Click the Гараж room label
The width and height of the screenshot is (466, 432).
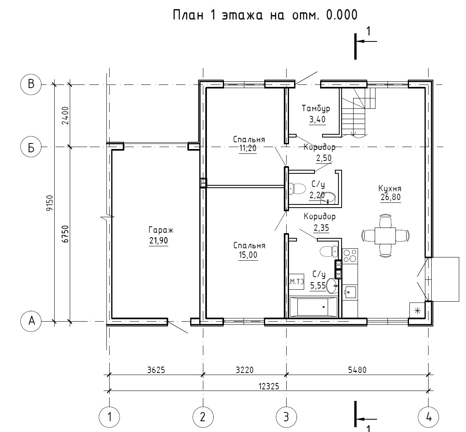161,230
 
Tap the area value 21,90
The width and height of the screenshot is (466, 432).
159,240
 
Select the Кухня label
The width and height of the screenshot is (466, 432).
390,189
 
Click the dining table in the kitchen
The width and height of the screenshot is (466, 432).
385,236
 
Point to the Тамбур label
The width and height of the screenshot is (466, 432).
316,108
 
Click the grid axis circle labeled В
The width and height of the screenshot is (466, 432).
31,84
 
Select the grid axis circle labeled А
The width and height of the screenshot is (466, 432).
31,321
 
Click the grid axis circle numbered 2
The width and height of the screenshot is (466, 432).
203,417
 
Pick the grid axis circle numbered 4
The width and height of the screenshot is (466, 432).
428,417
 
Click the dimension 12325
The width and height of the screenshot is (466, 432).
269,386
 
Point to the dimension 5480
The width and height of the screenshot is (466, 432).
357,370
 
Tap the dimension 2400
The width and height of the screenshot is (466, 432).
65,116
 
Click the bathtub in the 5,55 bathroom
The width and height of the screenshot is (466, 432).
314,306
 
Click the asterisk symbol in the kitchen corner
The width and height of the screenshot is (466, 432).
417,311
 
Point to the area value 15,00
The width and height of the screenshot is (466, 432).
248,255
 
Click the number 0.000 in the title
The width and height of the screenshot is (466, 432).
342,15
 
